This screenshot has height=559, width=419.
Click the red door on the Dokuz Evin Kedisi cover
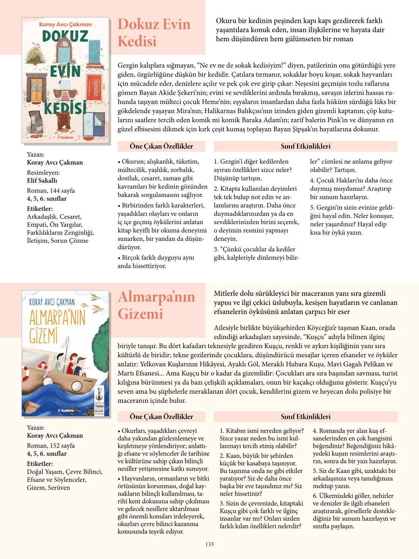coord(94,87)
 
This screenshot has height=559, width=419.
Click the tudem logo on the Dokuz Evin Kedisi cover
coord(66,137)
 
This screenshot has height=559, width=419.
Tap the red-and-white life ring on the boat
coord(25,374)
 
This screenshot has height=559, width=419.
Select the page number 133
coord(210,544)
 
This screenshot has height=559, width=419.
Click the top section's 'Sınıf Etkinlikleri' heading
coord(305,146)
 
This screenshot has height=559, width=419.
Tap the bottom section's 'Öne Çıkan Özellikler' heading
coord(161,416)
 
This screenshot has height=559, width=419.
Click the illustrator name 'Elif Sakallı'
coord(42,181)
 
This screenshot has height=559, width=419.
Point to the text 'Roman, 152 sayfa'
coord(51,446)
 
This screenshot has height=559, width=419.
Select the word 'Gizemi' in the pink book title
coord(141,314)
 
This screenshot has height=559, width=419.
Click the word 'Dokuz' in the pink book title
coord(138,24)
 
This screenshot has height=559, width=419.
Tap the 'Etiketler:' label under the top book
coord(40,209)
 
